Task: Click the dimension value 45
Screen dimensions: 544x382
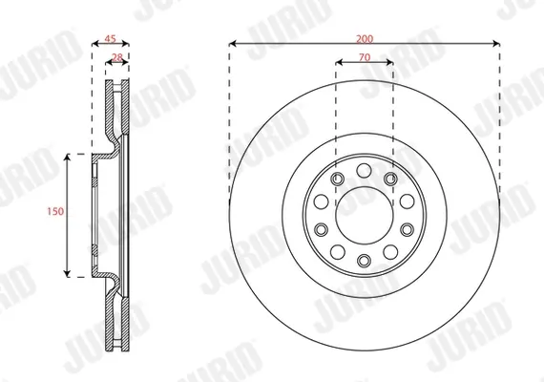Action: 110,38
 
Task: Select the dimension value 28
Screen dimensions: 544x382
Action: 117,57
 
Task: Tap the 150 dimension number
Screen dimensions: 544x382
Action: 55,211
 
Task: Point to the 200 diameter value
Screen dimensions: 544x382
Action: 365,38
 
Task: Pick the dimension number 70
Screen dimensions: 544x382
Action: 365,57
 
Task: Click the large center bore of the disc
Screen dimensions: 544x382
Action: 365,215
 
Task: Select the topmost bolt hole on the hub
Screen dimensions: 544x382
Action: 364,171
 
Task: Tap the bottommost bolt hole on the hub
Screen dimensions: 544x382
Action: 364,260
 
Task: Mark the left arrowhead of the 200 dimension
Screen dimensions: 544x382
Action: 233,43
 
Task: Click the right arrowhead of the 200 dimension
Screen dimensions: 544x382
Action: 496,43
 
